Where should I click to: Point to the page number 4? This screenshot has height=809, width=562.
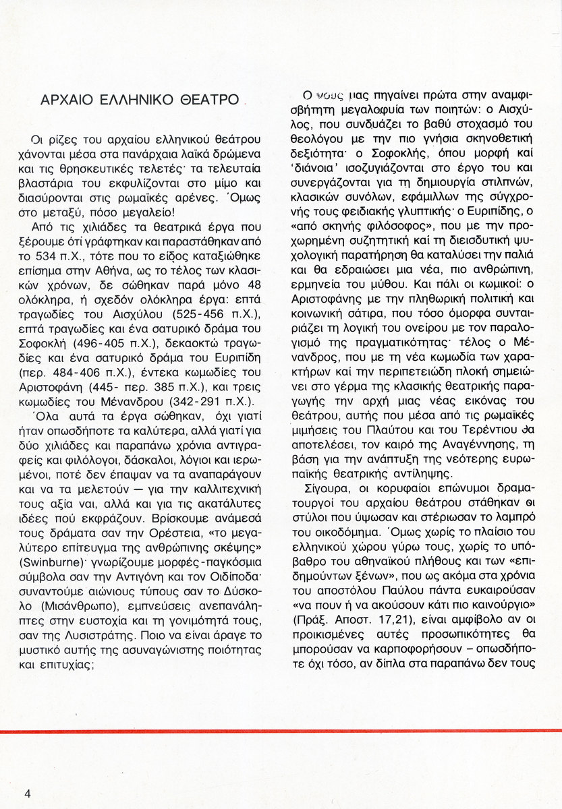pos(28,793)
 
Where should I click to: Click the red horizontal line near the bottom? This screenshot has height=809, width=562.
pos(281,731)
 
